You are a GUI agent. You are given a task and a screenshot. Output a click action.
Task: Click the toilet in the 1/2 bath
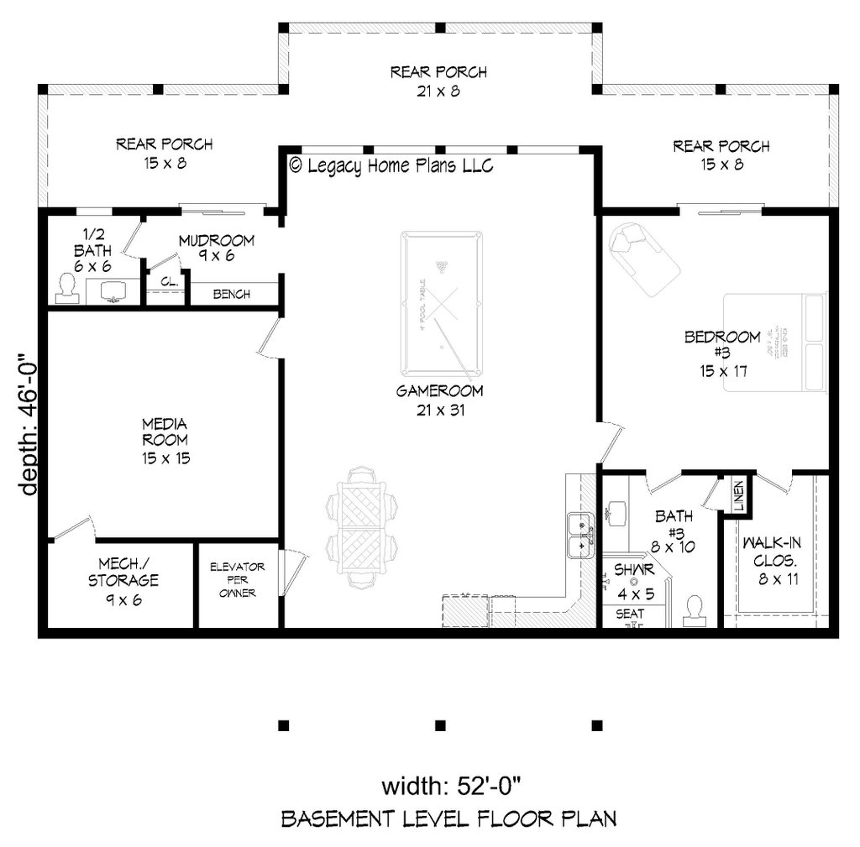click(66, 289)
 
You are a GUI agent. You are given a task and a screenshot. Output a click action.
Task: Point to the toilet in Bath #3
click(695, 610)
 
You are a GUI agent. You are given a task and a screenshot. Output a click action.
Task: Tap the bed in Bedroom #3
click(774, 344)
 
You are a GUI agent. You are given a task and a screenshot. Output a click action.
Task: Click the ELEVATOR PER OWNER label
click(238, 580)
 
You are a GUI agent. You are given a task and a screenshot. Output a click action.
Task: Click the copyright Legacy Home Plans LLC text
click(391, 165)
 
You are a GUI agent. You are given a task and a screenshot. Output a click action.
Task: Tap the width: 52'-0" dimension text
click(453, 787)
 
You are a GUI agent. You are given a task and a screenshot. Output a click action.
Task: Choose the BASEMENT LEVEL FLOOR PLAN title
click(448, 818)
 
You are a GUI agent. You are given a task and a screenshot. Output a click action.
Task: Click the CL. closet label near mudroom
click(169, 282)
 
